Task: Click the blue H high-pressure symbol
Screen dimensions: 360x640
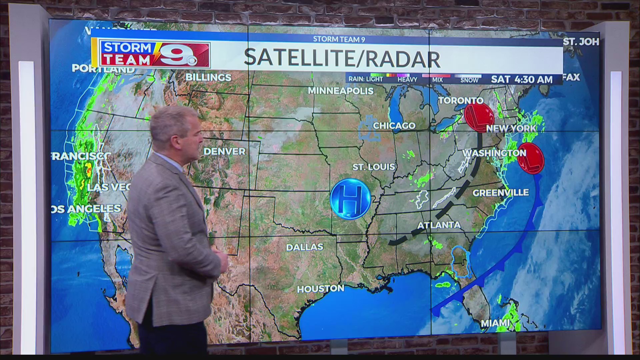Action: (350, 199)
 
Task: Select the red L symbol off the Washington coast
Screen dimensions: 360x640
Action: (531, 159)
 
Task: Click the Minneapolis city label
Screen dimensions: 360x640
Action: (340, 91)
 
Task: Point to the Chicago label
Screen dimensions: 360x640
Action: (394, 126)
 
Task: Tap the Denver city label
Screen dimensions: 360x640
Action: (224, 151)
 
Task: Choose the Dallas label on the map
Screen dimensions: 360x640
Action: (305, 247)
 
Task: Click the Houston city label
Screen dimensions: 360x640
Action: (320, 289)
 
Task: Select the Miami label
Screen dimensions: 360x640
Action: (495, 323)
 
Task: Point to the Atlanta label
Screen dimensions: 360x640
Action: (439, 225)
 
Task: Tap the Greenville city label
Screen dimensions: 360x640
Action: (500, 193)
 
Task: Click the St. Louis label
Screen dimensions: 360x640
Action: (374, 167)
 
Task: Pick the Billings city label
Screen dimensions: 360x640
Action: (208, 77)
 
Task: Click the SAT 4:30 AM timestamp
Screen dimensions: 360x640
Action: (522, 79)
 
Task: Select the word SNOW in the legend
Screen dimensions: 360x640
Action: (469, 80)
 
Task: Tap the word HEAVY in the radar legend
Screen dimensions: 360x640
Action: (407, 80)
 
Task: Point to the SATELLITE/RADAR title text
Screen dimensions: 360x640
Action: (342, 57)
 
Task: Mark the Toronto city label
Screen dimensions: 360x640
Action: (460, 100)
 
